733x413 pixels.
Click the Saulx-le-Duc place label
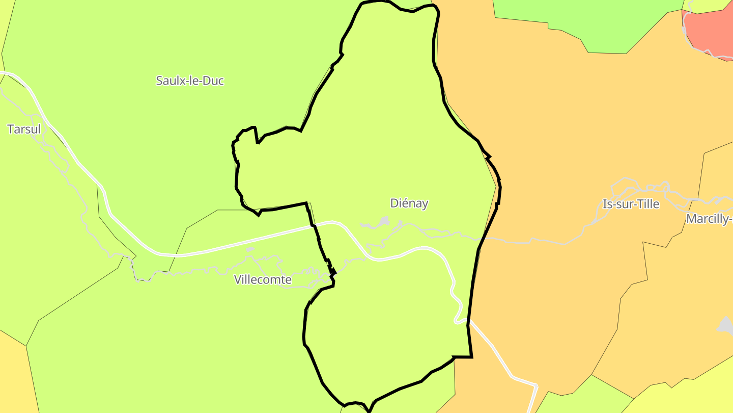pyautogui.click(x=190, y=81)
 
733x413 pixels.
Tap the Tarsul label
pyautogui.click(x=24, y=129)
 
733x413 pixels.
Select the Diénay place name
pyautogui.click(x=409, y=203)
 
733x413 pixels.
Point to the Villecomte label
pyautogui.click(x=263, y=279)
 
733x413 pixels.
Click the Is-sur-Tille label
pyautogui.click(x=631, y=204)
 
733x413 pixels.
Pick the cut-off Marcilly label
pyautogui.click(x=709, y=219)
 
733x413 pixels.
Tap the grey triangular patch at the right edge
pyautogui.click(x=726, y=326)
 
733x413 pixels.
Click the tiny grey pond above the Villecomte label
pyautogui.click(x=250, y=249)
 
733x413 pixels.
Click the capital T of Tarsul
pyautogui.click(x=11, y=129)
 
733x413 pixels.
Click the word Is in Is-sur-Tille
pyautogui.click(x=607, y=204)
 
